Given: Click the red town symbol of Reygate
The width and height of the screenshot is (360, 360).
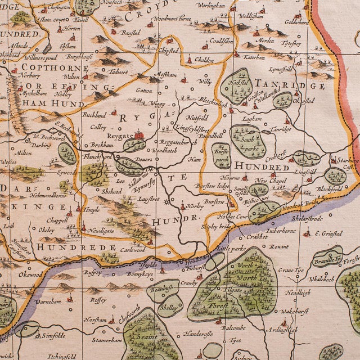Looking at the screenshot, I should [x=138, y=135].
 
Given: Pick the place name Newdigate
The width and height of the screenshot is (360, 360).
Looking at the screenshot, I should [x=104, y=229].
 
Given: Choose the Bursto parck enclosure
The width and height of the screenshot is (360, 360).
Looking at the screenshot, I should [x=220, y=155].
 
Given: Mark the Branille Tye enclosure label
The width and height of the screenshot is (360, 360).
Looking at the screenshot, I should [x=328, y=260].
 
